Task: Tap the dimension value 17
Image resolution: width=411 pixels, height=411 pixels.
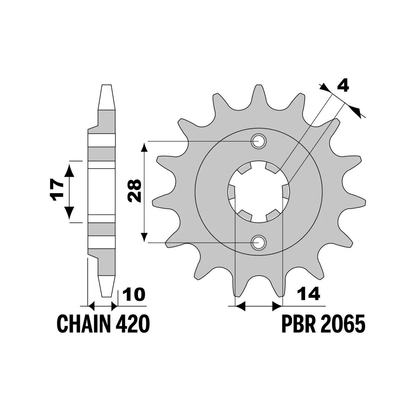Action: [x=58, y=190]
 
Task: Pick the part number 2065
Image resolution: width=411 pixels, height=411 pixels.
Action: [x=342, y=324]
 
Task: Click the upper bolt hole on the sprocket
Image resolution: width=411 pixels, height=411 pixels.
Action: [x=259, y=141]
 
